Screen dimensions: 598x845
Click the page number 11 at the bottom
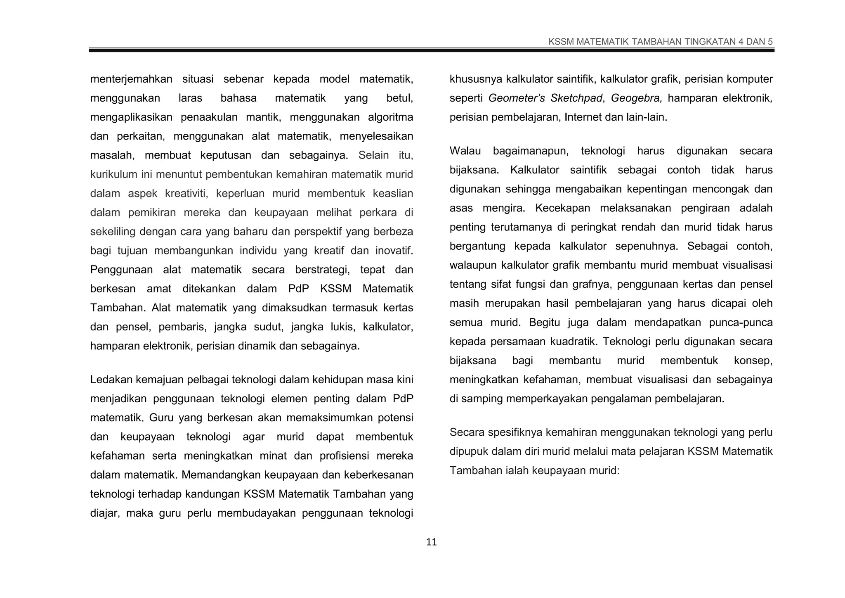pyautogui.click(x=431, y=542)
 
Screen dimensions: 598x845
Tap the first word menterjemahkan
pyautogui.click(x=131, y=79)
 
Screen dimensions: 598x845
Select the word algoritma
pyautogui.click(x=390, y=117)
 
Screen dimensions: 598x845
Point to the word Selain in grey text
pyautogui.click(x=373, y=155)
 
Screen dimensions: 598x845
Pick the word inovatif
pyautogui.click(x=394, y=251)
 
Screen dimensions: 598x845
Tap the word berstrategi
pyautogui.click(x=322, y=270)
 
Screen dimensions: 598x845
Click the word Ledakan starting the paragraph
pyautogui.click(x=111, y=380)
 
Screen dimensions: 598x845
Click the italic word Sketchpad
pyautogui.click(x=576, y=98)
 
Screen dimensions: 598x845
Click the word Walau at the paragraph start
pyautogui.click(x=465, y=151)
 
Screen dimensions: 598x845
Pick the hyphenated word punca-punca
pyautogui.click(x=741, y=323)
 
